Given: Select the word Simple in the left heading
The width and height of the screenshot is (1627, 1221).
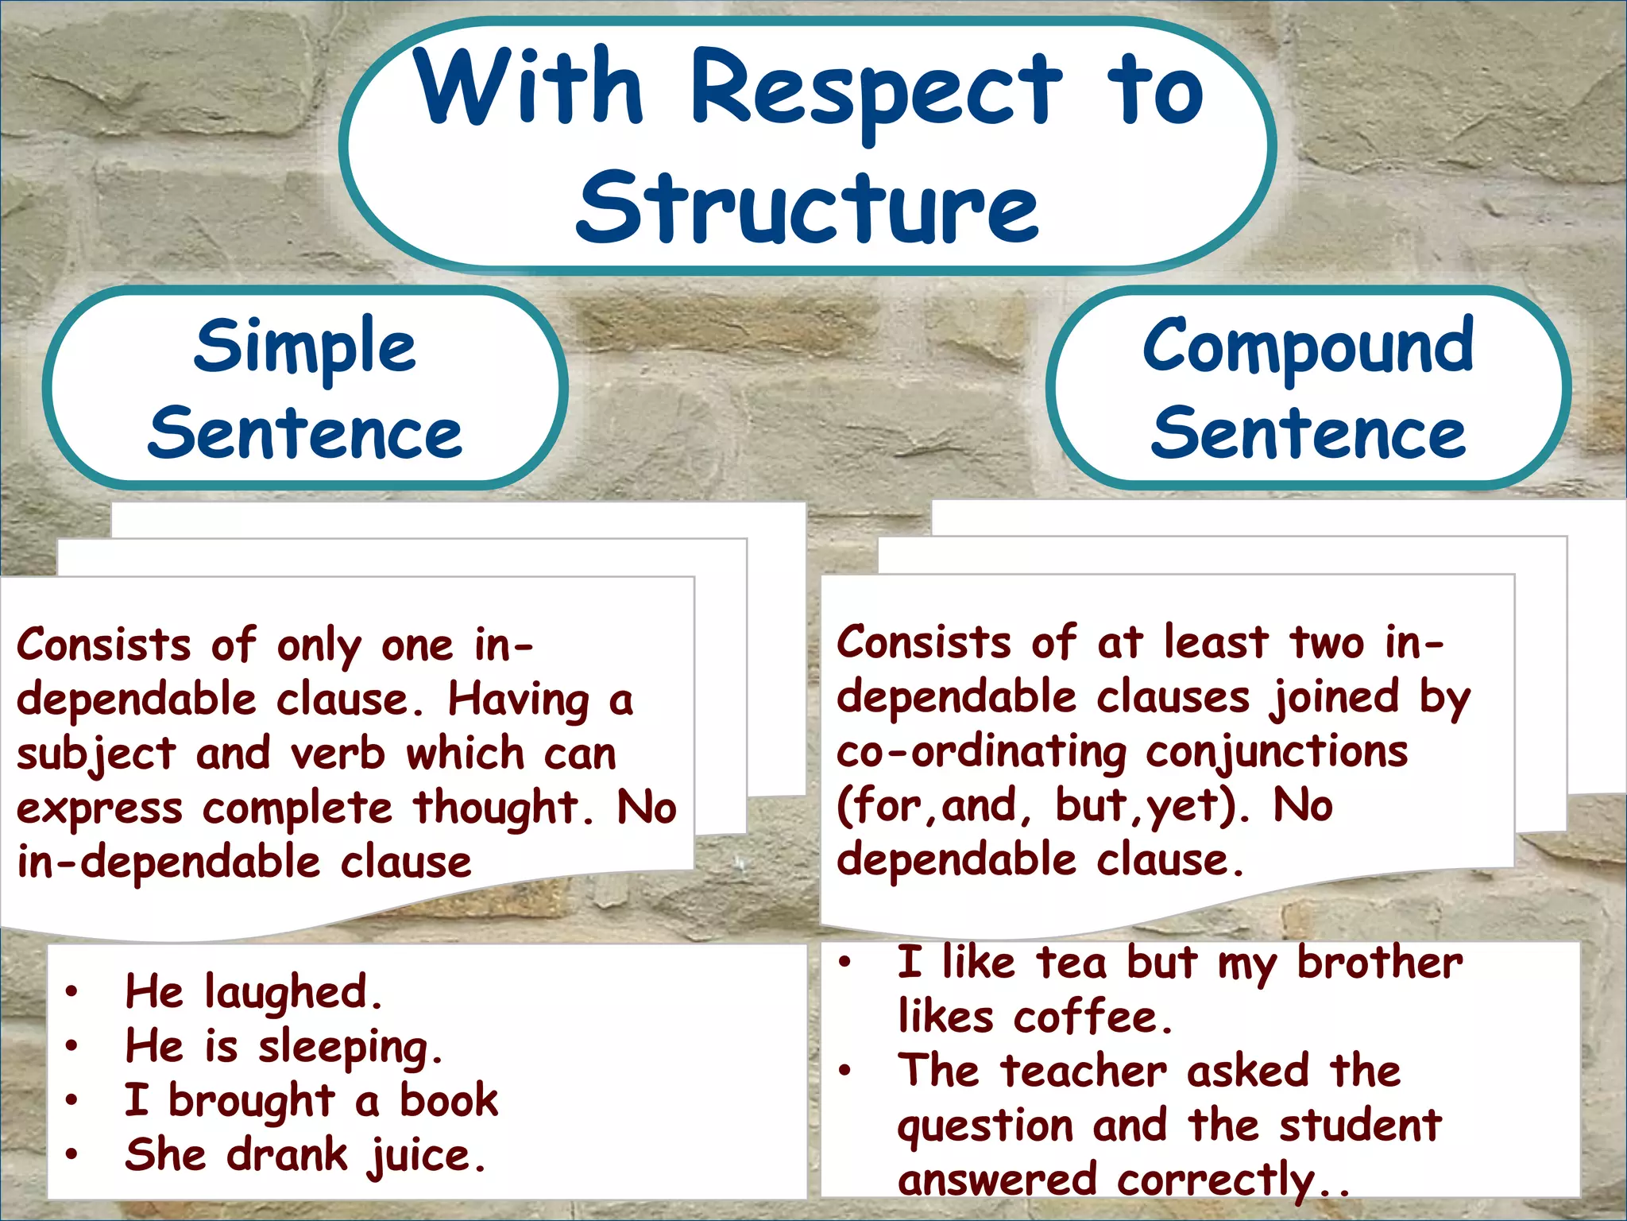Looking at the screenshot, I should pos(304,347).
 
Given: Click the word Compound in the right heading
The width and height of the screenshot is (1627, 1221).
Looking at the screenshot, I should pos(1308,347).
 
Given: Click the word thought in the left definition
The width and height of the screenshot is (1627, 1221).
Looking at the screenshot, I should pos(496,808).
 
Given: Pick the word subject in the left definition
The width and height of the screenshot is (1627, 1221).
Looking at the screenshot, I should pos(95,754).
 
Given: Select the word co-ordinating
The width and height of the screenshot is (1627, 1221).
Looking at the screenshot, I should pos(981,752).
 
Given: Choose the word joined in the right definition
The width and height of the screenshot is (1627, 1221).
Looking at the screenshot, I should pos(1333,698).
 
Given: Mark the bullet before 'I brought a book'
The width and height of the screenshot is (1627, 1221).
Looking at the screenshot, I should pos(72,1100).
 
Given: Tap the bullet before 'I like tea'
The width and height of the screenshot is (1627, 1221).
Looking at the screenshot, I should pos(844,963).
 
